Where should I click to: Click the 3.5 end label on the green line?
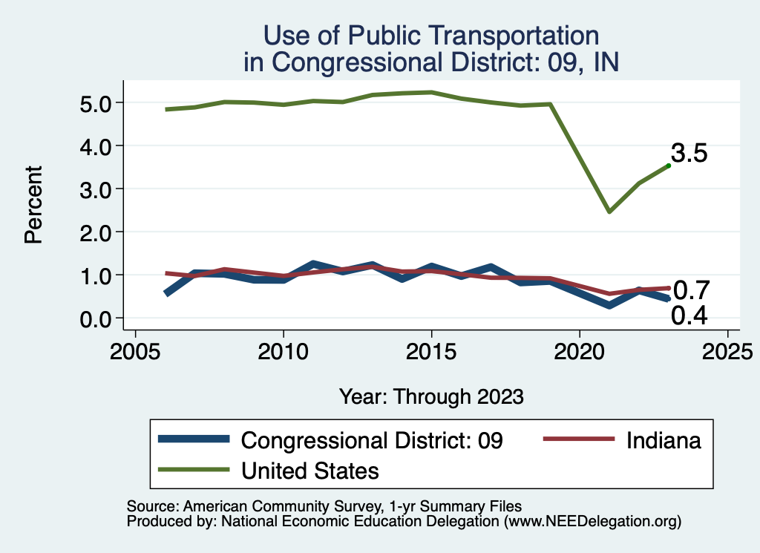click(x=689, y=154)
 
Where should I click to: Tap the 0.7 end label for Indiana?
click(x=692, y=289)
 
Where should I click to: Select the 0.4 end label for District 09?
click(x=689, y=316)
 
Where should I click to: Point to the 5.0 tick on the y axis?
click(x=95, y=102)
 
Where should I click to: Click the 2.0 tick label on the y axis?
click(x=95, y=232)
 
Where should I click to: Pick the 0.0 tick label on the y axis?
click(x=95, y=318)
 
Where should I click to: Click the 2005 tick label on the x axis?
click(x=135, y=350)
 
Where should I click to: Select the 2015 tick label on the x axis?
click(x=431, y=350)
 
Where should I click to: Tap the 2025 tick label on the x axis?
click(x=728, y=350)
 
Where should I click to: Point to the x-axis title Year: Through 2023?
click(x=431, y=396)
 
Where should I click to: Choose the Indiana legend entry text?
click(x=664, y=440)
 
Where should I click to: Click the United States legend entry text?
click(x=310, y=471)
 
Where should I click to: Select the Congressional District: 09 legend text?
click(x=373, y=440)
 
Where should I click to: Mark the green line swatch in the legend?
click(x=194, y=470)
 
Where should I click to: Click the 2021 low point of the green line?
click(x=609, y=212)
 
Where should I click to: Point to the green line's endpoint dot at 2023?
click(x=669, y=166)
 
